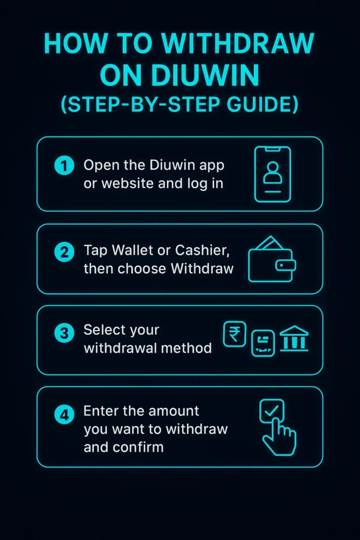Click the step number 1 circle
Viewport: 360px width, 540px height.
(64, 166)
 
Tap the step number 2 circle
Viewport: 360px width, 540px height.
(64, 252)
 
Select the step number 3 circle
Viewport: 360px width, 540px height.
(64, 333)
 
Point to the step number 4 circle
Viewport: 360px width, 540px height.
(64, 415)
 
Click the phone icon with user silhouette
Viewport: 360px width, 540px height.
(273, 174)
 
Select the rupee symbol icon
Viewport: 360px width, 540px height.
(235, 334)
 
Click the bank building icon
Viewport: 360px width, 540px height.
(294, 339)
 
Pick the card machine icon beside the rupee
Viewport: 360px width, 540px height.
(262, 343)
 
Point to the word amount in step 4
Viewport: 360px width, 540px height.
(173, 410)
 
